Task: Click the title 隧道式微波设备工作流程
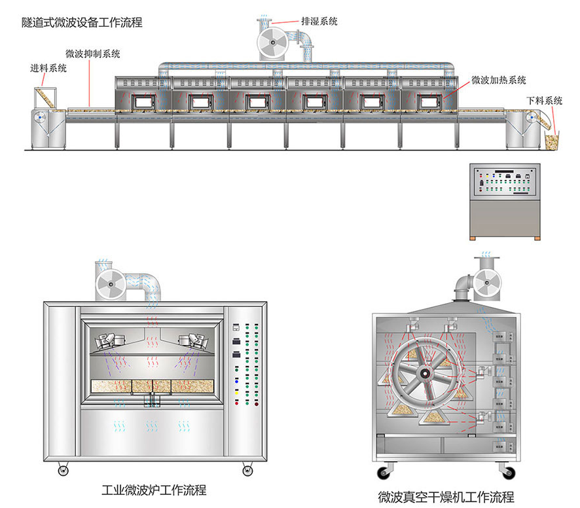pyautogui.click(x=81, y=22)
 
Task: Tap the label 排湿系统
pyautogui.click(x=319, y=22)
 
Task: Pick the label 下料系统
pyautogui.click(x=544, y=101)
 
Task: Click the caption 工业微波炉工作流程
pyautogui.click(x=154, y=489)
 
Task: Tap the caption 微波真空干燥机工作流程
pyautogui.click(x=446, y=496)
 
